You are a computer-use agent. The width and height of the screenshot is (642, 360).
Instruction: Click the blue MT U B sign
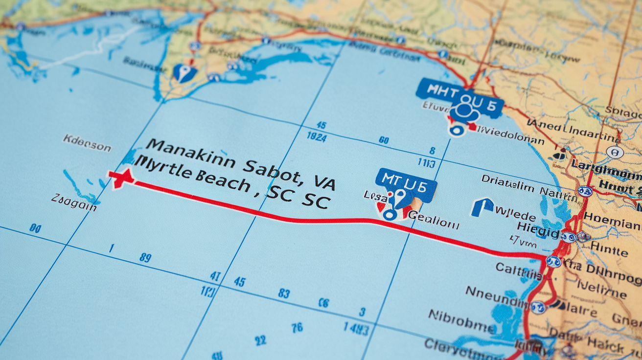click(405, 184)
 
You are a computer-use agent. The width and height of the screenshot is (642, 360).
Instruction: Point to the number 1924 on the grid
click(317, 136)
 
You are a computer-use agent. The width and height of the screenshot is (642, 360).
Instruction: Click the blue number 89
click(145, 258)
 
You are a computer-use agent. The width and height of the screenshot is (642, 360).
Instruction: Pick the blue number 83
click(284, 293)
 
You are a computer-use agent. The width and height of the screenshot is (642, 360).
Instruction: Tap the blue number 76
click(297, 328)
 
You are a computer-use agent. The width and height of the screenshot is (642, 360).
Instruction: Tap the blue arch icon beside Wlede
click(482, 207)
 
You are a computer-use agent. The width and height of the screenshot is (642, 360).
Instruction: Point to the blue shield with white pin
click(184, 73)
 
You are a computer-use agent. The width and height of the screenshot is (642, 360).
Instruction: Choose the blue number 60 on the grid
click(384, 140)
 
